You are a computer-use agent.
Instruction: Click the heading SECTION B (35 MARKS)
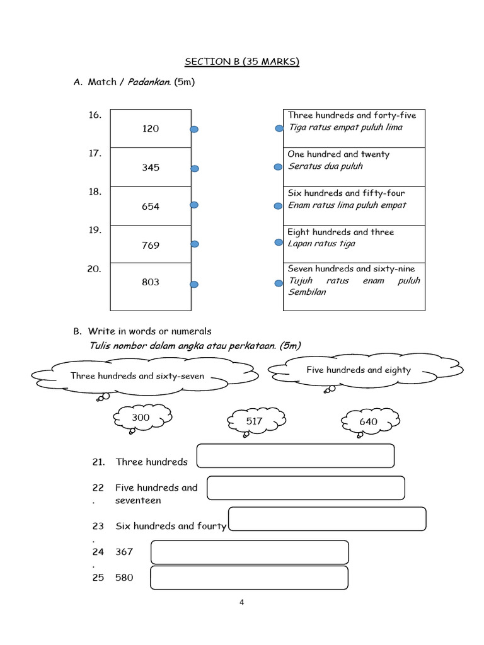click(241, 62)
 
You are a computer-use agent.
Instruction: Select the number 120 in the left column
click(151, 128)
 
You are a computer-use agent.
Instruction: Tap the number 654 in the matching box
click(151, 207)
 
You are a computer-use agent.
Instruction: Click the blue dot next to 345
click(195, 168)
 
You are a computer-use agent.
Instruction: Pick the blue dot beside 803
click(195, 285)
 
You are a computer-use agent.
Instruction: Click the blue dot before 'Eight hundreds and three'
click(279, 243)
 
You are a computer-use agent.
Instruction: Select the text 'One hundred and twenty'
click(338, 154)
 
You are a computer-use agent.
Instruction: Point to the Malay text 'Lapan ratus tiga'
click(321, 244)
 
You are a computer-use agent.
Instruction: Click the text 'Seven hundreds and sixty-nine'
click(351, 269)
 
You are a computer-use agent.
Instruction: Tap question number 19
click(95, 231)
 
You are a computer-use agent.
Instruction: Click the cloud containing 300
click(142, 418)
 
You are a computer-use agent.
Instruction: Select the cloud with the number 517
click(255, 421)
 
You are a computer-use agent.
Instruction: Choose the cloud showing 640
click(368, 421)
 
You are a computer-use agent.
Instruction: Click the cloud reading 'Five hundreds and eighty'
click(359, 370)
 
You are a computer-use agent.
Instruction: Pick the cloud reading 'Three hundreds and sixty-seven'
click(137, 376)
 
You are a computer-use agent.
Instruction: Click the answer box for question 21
click(296, 456)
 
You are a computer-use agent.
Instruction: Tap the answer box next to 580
click(249, 578)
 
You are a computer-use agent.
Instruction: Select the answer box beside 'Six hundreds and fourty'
click(326, 519)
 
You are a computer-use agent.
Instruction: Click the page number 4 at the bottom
click(241, 602)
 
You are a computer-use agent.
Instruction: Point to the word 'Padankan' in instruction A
click(149, 83)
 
